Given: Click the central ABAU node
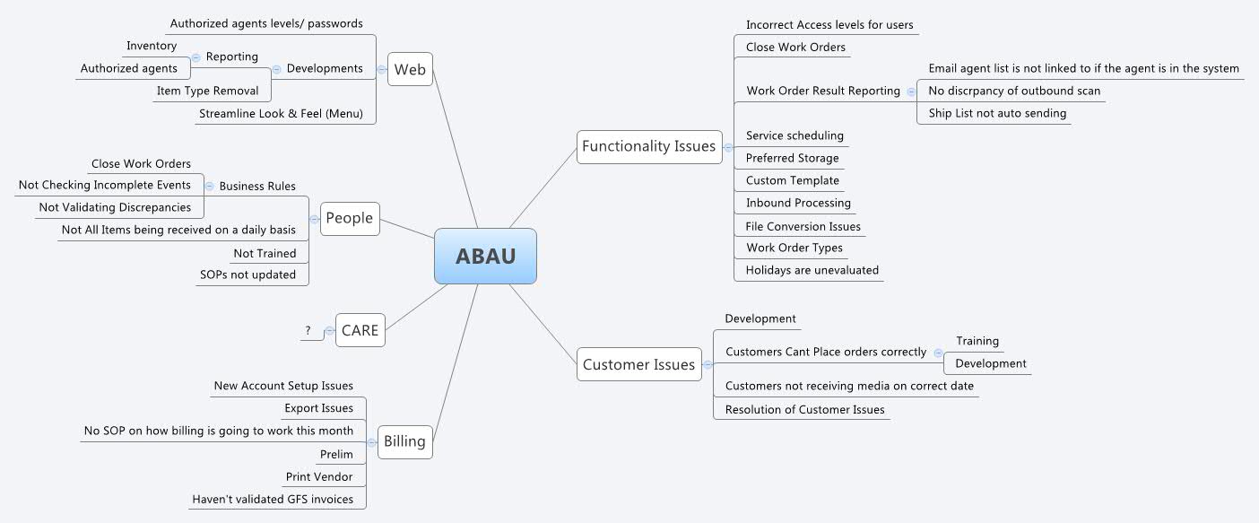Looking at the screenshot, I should [485, 256].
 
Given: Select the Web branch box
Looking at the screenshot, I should [410, 69].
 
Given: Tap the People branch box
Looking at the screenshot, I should [349, 219].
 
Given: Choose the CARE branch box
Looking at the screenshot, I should [360, 330].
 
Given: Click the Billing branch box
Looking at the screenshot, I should [404, 441].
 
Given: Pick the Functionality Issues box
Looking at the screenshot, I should [648, 146].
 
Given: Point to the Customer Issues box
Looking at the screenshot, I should [638, 364].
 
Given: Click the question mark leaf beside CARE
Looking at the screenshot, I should [308, 331].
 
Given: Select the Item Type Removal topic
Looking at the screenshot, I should [207, 91].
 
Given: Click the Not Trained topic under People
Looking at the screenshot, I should [265, 253].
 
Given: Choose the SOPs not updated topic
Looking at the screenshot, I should [247, 275].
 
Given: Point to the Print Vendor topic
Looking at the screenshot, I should [319, 476].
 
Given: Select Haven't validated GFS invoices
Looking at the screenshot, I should [273, 499].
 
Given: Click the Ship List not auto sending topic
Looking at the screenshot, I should [997, 113].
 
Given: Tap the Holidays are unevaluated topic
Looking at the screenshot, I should [812, 270].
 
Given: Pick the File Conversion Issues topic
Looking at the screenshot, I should [803, 226].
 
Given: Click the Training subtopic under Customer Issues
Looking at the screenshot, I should [977, 341].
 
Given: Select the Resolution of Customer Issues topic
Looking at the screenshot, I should [804, 409].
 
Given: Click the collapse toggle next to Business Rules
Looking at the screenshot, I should [209, 187].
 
